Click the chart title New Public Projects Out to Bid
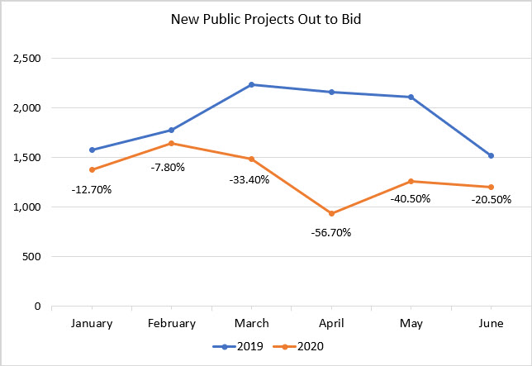tap(266, 17)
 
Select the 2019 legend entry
tap(240, 346)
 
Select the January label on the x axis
tap(92, 323)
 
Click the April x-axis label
tap(331, 323)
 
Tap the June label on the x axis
tap(492, 323)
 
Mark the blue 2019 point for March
tap(251, 84)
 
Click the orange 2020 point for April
tap(331, 213)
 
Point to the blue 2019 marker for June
tap(492, 155)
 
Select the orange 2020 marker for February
tap(171, 143)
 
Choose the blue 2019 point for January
tap(92, 150)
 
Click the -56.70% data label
tap(331, 232)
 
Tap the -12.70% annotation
tap(92, 189)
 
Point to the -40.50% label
tap(411, 199)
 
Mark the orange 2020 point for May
tap(411, 181)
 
